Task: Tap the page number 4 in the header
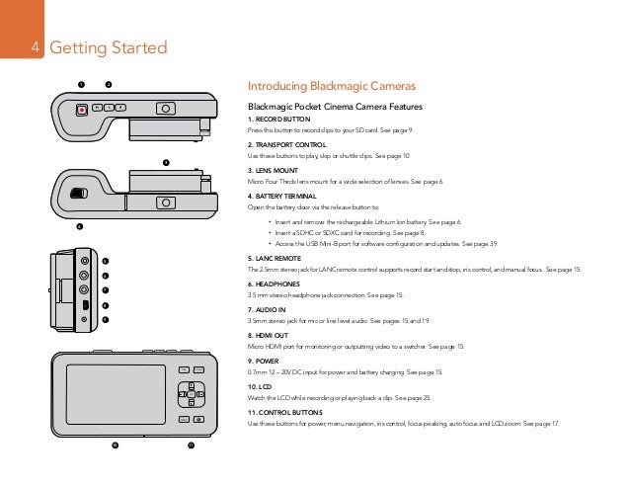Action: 35,48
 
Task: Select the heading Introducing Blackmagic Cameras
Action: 331,86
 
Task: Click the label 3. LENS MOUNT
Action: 275,170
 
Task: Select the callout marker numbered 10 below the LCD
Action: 115,447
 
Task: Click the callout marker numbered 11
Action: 192,447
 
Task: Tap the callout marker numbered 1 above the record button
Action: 83,83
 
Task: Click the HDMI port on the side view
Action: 85,304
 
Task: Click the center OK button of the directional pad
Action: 190,396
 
